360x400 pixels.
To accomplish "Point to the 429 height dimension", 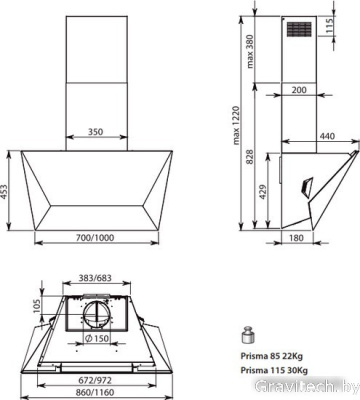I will click(x=264, y=193).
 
